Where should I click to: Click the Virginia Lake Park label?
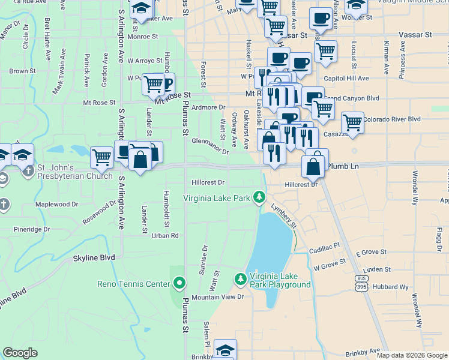click(x=217, y=197)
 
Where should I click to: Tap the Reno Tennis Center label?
click(x=134, y=283)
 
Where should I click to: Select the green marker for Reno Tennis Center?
click(x=179, y=283)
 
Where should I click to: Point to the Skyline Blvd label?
click(x=94, y=258)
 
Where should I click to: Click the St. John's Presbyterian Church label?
click(x=74, y=172)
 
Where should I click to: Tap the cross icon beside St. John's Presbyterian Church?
click(x=28, y=171)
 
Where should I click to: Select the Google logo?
click(x=20, y=353)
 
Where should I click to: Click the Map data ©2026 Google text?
click(x=411, y=355)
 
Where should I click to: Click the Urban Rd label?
click(x=165, y=236)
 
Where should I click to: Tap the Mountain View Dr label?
click(x=218, y=297)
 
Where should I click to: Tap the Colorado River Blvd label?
click(x=391, y=119)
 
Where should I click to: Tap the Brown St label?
click(x=19, y=71)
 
